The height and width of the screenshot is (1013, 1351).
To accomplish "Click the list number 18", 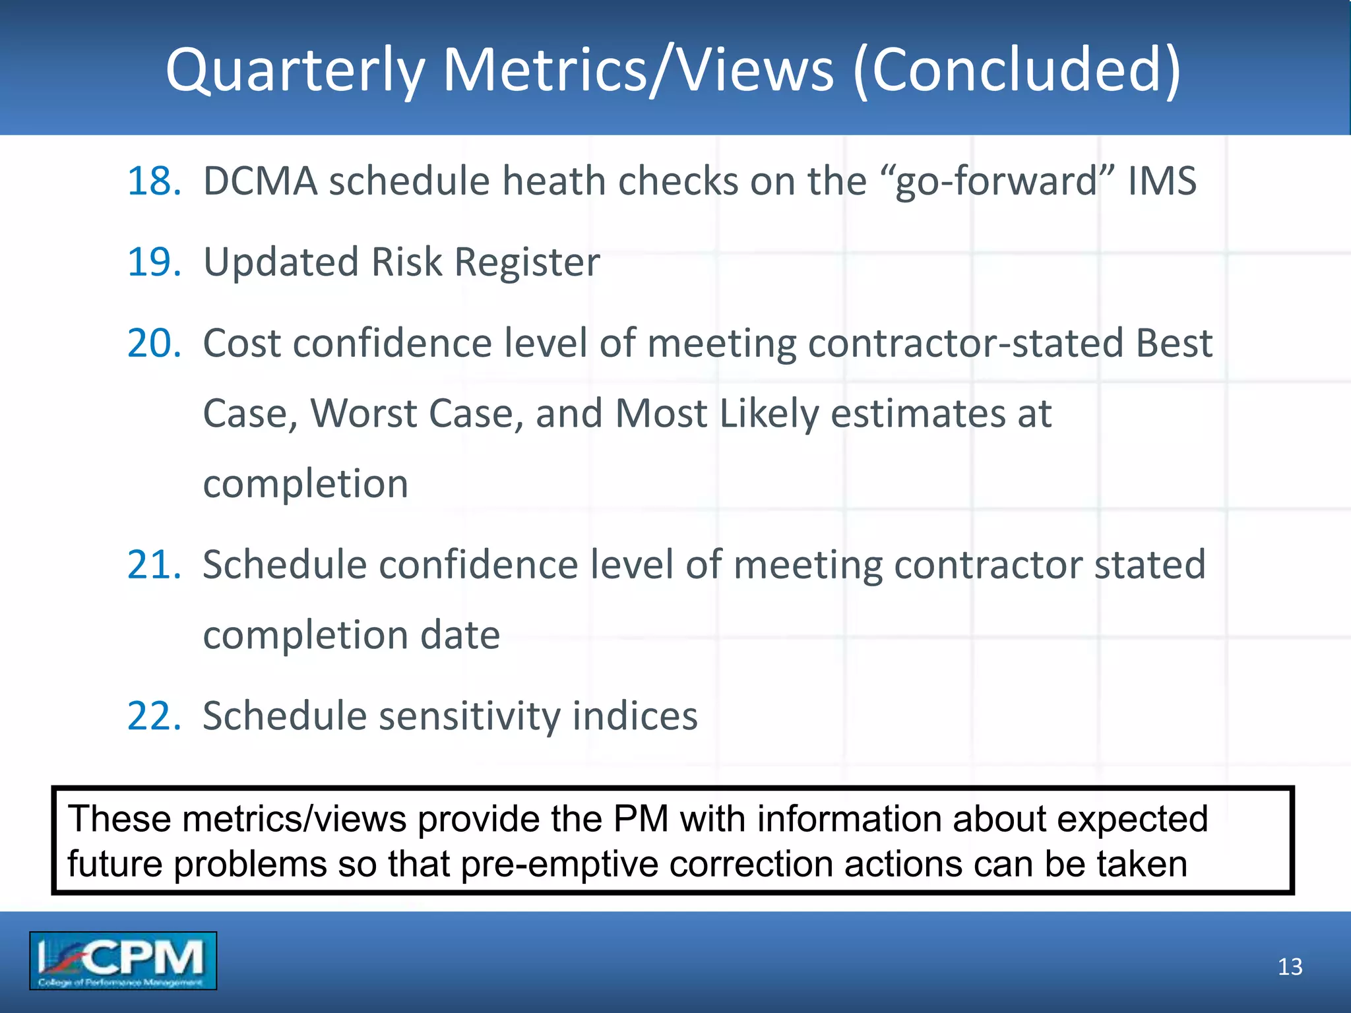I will click(154, 181).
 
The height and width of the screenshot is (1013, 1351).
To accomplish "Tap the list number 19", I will click(154, 262).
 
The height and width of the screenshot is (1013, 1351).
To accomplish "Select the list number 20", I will click(154, 343).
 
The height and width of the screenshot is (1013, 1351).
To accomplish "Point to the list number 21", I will click(154, 565).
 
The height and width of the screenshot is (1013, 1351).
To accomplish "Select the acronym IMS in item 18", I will click(1162, 181).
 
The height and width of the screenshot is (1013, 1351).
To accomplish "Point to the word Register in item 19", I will click(527, 262).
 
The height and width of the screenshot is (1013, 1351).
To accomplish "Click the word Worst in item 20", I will click(363, 414).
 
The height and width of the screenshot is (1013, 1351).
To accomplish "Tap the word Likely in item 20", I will click(769, 414).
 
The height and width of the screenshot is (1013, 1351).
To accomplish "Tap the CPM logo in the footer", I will click(123, 960).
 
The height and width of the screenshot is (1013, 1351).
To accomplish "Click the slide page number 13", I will click(1290, 967).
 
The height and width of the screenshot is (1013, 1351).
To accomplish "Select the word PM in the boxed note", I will click(641, 819).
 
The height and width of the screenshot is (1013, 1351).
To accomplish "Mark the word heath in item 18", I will click(553, 181).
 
